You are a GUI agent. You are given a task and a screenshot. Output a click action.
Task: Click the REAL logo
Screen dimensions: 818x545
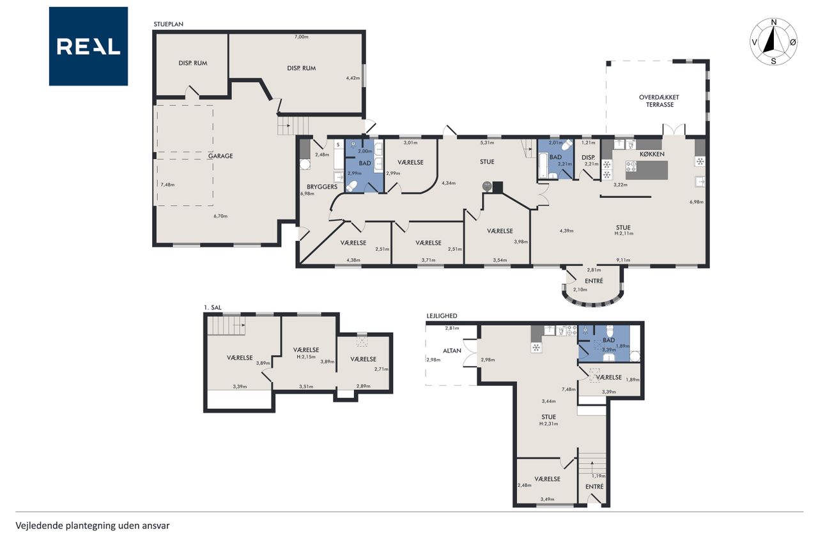pos(88,47)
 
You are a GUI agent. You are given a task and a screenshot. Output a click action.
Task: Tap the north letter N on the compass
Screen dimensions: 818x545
pos(773,22)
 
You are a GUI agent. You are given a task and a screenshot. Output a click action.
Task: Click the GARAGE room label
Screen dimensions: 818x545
pos(220,156)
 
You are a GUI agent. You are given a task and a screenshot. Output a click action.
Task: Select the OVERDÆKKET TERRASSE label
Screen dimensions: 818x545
pos(659,101)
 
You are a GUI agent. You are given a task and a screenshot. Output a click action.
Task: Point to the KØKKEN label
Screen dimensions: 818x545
pos(652,154)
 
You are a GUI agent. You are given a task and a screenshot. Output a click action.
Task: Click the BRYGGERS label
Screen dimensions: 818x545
pos(321,187)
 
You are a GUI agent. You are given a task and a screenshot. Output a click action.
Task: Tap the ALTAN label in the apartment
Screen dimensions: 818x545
pos(452,350)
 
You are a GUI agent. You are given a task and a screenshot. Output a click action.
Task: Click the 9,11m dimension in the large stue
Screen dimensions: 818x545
pos(623,260)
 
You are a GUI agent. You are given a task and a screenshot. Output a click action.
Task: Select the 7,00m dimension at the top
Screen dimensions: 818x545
pos(301,36)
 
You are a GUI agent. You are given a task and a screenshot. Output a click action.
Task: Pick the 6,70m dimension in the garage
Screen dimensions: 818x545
pos(220,216)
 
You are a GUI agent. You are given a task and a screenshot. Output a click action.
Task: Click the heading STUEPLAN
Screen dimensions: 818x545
pos(168,24)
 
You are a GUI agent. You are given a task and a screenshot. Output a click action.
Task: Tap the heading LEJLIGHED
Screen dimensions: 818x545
pos(442,316)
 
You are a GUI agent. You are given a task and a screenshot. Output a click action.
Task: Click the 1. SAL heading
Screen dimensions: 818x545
pos(213,307)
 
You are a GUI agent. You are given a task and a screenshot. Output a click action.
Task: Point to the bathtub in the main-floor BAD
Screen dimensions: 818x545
pos(543,165)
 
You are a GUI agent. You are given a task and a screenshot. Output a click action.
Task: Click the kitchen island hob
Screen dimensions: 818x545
pos(631,167)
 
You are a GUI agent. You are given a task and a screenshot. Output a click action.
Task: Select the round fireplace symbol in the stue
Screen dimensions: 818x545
pos(487,186)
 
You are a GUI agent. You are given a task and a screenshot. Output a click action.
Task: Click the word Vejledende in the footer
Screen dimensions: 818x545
pos(39,526)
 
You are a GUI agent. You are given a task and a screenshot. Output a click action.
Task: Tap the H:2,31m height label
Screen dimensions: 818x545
pos(548,424)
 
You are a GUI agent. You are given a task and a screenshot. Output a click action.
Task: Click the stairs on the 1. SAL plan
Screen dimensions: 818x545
pos(226,325)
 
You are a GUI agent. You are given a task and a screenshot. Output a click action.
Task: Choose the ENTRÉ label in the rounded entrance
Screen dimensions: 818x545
pos(594,280)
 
